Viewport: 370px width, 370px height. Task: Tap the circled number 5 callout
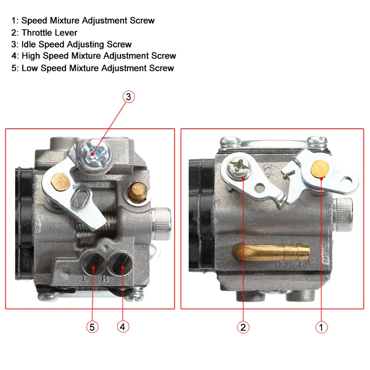92,327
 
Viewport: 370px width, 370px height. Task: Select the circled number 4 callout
123,327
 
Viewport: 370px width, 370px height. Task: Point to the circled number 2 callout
243,327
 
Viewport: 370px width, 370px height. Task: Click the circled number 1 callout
321,327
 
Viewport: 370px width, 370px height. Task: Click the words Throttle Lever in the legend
49,33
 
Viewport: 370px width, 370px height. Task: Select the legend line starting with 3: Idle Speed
72,44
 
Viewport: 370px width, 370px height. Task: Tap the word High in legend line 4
31,56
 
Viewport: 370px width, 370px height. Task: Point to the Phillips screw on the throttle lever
236,170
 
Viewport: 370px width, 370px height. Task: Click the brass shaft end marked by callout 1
320,168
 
